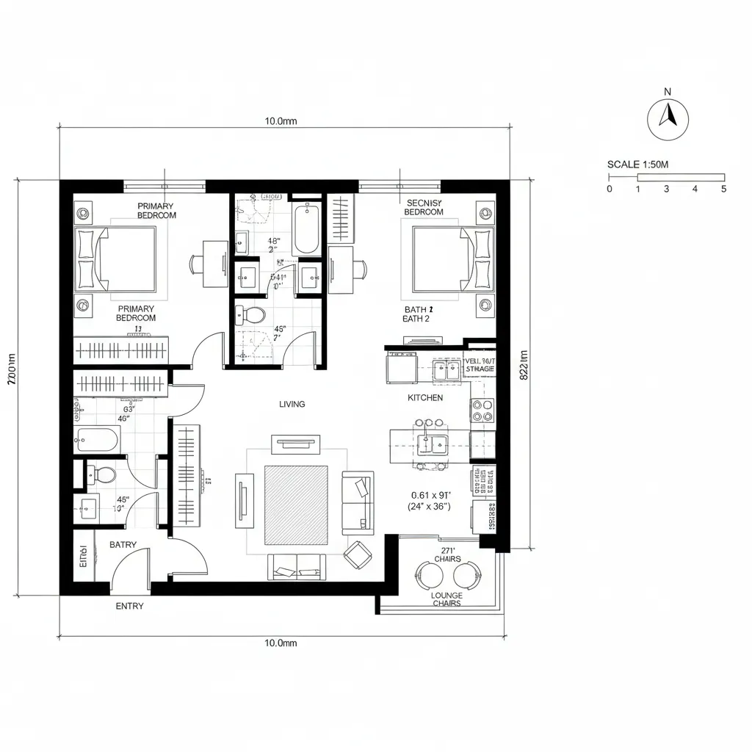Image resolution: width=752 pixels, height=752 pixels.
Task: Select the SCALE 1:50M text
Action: point(637,164)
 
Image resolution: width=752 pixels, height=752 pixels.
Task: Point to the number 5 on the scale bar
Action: point(723,189)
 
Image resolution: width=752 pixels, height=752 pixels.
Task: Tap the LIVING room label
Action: point(292,405)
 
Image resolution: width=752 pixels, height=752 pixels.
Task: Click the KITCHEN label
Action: point(425,397)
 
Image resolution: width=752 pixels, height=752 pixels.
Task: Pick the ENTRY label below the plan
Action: point(130,607)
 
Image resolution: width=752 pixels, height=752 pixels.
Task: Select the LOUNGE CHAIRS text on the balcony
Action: point(446,599)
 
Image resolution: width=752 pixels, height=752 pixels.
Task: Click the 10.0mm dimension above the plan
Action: point(281,122)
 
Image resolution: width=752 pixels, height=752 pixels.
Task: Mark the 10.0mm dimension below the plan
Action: point(281,643)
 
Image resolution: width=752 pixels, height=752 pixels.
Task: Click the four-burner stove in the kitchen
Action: point(482,411)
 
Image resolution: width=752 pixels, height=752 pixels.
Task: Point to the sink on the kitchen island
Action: point(430,444)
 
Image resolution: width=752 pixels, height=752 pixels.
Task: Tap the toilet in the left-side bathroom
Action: point(102,474)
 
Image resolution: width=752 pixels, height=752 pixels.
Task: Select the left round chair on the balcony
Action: point(427,574)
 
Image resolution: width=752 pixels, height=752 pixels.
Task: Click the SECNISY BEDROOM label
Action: point(424,207)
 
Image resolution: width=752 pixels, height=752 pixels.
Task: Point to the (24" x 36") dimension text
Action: point(430,507)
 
